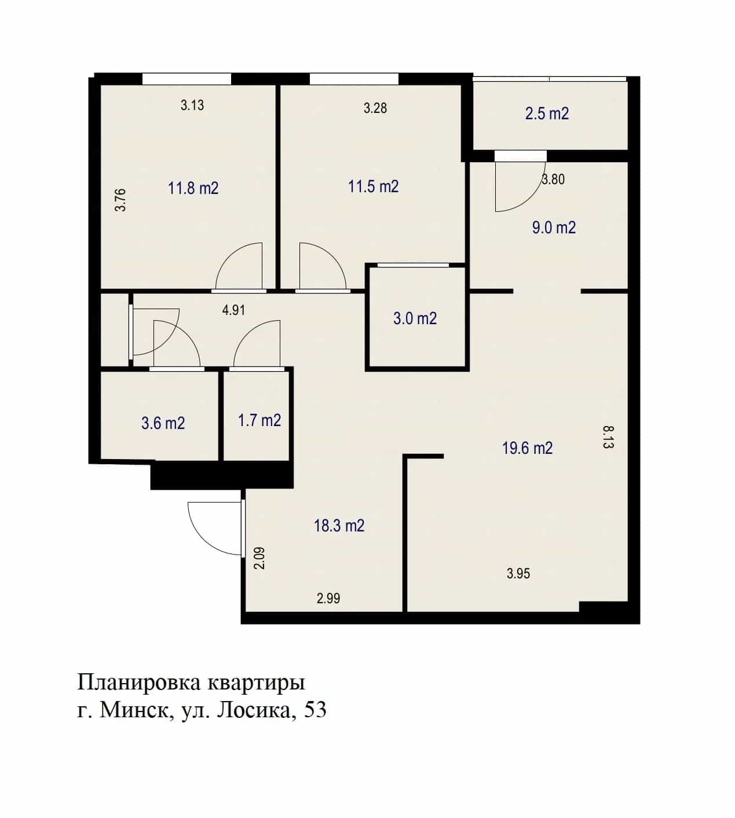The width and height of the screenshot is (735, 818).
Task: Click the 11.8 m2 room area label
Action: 193,188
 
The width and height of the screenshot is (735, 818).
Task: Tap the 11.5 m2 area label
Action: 374,186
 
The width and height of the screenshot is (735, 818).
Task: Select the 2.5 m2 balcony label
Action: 547,113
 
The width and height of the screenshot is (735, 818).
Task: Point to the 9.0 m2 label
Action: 554,228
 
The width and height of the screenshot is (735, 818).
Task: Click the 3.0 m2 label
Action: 415,318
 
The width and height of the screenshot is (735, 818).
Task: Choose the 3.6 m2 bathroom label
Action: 163,423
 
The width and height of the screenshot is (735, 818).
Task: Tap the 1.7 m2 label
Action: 259,420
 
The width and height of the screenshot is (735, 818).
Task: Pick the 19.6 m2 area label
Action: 527,448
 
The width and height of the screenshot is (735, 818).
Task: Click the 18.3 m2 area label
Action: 339,526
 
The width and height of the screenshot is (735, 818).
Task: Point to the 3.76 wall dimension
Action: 120,200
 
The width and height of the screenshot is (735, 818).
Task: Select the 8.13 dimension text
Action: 609,437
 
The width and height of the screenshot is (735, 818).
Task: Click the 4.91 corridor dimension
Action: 233,310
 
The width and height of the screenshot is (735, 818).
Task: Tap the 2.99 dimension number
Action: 328,598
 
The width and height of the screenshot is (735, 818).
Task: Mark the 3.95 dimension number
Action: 518,573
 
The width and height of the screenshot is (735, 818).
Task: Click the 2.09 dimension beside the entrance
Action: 259,558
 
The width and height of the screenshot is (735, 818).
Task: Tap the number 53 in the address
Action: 315,710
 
